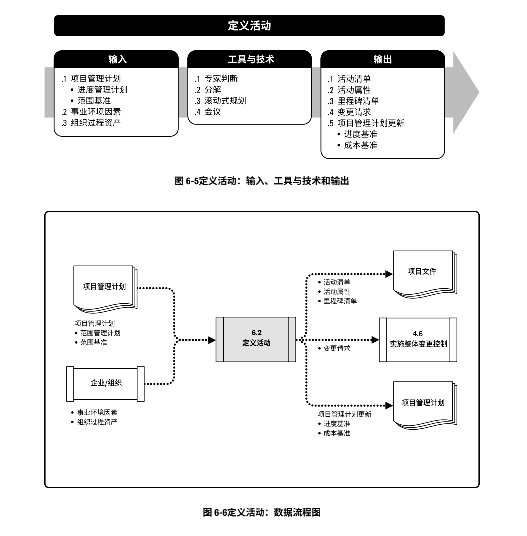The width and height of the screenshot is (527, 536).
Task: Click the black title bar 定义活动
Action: [249, 26]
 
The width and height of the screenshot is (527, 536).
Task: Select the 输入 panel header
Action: [116, 59]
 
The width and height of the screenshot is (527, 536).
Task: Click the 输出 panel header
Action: [382, 59]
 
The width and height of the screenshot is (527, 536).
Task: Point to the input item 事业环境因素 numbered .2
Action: [92, 111]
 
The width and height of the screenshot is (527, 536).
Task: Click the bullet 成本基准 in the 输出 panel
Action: [360, 145]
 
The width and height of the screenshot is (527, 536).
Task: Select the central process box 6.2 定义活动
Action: [256, 339]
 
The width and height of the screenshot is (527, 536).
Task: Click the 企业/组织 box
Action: [105, 383]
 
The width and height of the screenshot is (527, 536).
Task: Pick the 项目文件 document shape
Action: [422, 272]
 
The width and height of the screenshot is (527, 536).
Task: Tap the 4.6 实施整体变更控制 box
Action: [418, 339]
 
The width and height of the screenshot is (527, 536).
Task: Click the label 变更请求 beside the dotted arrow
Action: [337, 348]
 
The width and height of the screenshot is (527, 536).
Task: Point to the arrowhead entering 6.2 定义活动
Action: [212, 340]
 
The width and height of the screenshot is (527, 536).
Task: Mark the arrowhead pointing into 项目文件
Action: [389, 274]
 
